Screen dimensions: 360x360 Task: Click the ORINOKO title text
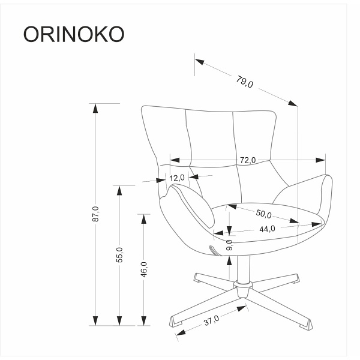[x=74, y=34]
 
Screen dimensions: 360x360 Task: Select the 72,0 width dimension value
[x=248, y=160]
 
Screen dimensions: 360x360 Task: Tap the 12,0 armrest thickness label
[x=177, y=178]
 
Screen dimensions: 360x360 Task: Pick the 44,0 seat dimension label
[x=267, y=229]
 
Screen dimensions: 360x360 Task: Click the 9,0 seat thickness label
[x=229, y=245]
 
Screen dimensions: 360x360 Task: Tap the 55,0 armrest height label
[x=119, y=254]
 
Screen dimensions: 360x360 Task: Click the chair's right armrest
[x=306, y=192]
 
